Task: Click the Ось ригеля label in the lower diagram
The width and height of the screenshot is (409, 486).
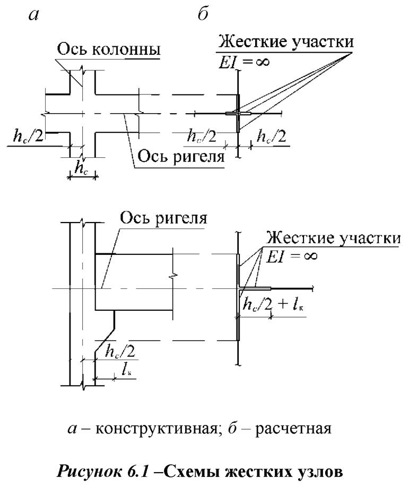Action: (162, 218)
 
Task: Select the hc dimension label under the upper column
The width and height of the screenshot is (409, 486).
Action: (82, 168)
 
